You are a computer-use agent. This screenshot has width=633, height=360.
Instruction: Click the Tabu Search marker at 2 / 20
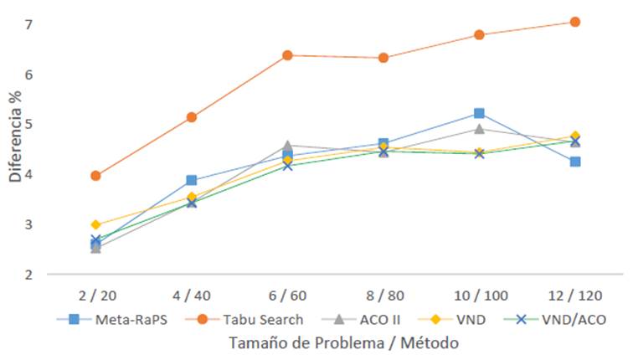95,176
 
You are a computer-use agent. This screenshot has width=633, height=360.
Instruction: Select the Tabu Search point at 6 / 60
287,55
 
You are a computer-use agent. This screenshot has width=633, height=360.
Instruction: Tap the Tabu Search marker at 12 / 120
575,22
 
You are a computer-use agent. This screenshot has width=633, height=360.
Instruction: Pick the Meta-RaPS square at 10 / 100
479,113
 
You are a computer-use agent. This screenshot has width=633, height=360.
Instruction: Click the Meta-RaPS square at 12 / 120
575,162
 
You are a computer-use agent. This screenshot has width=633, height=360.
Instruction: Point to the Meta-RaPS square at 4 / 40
192,180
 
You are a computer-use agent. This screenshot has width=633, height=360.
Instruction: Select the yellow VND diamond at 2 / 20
95,225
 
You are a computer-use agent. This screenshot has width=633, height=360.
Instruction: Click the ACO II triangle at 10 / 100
479,129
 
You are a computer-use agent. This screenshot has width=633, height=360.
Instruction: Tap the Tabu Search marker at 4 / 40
192,117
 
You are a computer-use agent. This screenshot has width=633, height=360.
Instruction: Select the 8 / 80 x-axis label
383,296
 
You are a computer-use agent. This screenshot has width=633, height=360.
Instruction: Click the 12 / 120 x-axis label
574,296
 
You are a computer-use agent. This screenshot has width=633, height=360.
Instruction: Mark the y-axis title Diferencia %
15,139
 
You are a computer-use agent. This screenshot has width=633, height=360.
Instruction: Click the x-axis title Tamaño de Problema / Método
334,342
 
